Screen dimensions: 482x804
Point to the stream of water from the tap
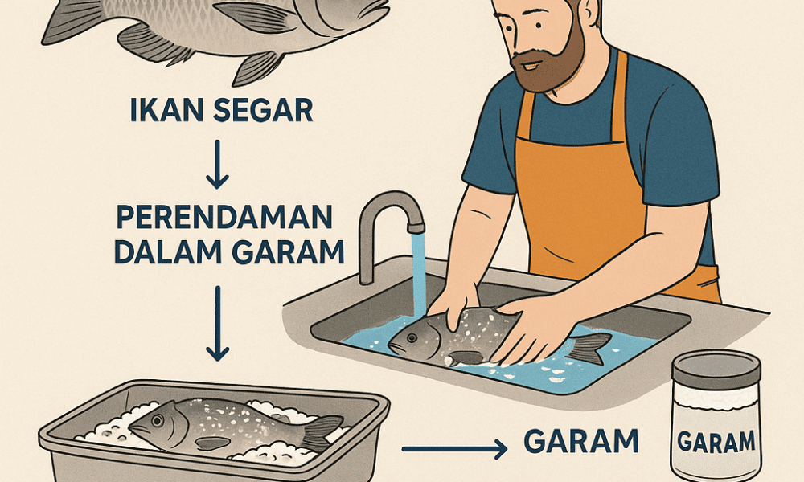pos(418,273)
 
